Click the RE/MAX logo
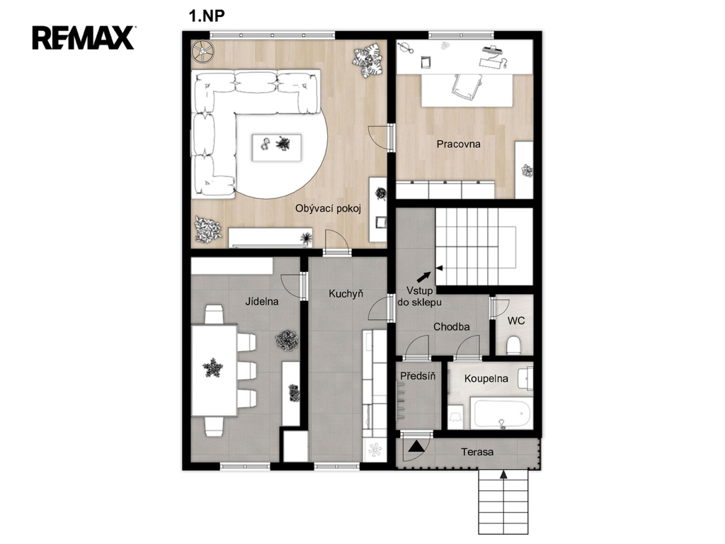(x=84, y=38)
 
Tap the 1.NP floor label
(x=206, y=16)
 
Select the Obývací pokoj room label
(x=328, y=209)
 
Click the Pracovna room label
(x=458, y=144)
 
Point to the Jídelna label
(x=262, y=302)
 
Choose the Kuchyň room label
(x=346, y=294)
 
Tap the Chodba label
(x=451, y=327)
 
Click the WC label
(x=516, y=321)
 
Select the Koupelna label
(x=486, y=378)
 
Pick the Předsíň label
(x=418, y=375)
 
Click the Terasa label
(x=476, y=452)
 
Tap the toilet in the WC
(x=514, y=346)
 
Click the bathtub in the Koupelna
(x=501, y=413)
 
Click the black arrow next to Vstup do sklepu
(x=424, y=277)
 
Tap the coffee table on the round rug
(x=277, y=147)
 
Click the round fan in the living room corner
(x=202, y=51)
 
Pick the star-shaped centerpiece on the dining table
(x=212, y=368)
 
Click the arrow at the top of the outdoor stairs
(x=503, y=474)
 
